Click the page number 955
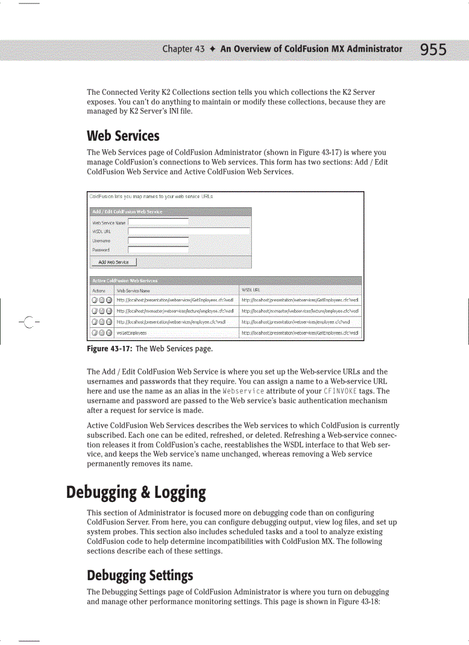pos(433,50)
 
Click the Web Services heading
pos(123,136)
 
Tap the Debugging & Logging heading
pos(136,493)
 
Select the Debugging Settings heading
pos(140,576)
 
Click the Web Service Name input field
pos(158,222)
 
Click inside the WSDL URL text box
pos(189,231)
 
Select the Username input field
pos(158,240)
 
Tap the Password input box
pos(158,249)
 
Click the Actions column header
pos(98,291)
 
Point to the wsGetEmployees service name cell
pos(132,333)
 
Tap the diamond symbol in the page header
pos(212,49)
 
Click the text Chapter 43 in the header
pos(183,49)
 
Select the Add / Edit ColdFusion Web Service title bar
pos(170,211)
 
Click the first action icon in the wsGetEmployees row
pos(95,333)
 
